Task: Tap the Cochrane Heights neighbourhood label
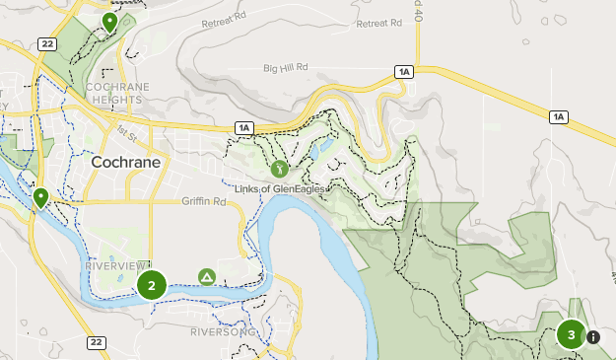click(117, 93)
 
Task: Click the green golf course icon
click(279, 169)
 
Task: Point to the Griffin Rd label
click(204, 201)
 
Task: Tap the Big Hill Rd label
click(286, 68)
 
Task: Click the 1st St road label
click(123, 131)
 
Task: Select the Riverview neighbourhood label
click(115, 266)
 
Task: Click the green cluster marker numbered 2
click(151, 286)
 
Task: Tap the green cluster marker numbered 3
click(571, 334)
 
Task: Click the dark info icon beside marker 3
click(593, 337)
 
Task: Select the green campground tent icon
click(207, 277)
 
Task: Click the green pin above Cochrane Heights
click(109, 21)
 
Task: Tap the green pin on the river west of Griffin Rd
click(40, 197)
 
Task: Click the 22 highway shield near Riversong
click(96, 342)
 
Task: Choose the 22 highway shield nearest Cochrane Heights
click(46, 43)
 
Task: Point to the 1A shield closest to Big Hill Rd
click(403, 71)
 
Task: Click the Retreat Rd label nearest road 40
click(380, 23)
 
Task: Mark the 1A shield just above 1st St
click(243, 127)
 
